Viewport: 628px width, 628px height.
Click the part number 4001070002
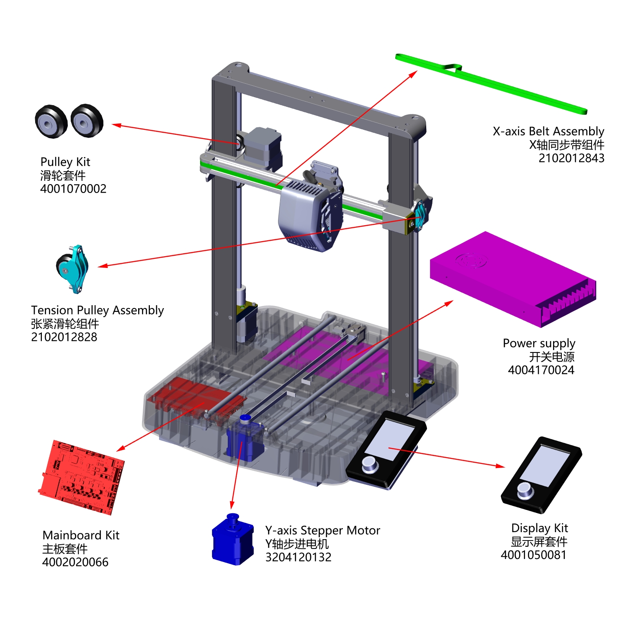[73, 189]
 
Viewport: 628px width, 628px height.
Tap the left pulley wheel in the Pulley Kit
[51, 122]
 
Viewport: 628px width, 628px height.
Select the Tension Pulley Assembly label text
[97, 310]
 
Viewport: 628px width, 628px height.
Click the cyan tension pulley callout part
[73, 269]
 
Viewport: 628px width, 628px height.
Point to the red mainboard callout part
[82, 477]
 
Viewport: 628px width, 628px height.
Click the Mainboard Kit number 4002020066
[75, 562]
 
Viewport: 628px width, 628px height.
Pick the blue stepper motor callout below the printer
[233, 540]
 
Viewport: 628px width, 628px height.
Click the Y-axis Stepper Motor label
[322, 530]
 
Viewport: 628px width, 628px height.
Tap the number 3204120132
[298, 557]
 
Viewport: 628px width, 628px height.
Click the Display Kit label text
[539, 528]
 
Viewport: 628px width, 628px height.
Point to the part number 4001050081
[533, 555]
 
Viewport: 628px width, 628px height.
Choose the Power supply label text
[539, 343]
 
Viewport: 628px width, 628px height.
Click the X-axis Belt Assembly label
[548, 131]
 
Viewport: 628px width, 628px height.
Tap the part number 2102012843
[571, 158]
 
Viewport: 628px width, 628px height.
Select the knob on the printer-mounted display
[369, 463]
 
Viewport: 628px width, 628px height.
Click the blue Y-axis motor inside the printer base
[244, 440]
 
